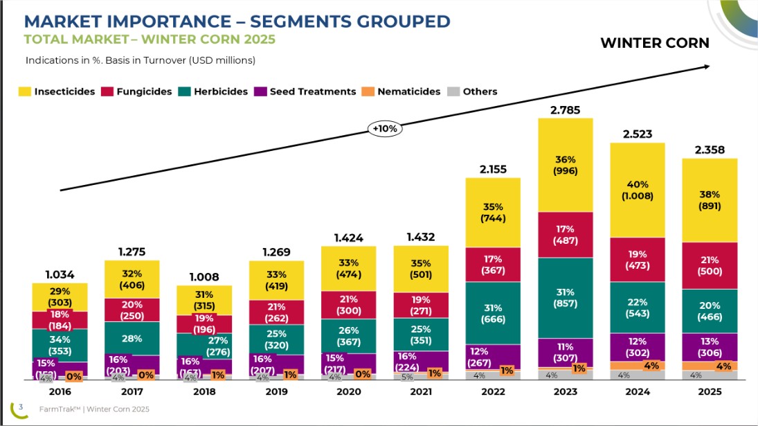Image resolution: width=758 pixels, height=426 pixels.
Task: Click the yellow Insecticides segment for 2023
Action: (x=566, y=165)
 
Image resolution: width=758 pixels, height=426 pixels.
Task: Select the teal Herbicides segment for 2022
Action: (x=493, y=313)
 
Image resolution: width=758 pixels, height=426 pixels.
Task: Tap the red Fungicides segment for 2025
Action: (x=710, y=265)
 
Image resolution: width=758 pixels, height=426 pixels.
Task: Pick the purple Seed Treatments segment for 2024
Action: (x=637, y=346)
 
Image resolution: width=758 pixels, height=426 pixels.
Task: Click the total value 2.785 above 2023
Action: (x=565, y=109)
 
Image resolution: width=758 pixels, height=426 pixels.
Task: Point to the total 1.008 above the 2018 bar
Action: (x=204, y=277)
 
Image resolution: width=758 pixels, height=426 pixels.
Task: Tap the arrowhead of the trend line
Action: (x=707, y=66)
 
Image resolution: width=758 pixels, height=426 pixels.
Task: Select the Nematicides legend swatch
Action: (x=369, y=91)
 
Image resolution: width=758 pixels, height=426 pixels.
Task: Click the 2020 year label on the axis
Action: (x=348, y=391)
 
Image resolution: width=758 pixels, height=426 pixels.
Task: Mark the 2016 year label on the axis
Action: (x=60, y=391)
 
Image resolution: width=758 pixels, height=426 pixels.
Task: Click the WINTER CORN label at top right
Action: (x=654, y=43)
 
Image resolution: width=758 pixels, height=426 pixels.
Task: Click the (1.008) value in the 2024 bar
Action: (x=638, y=196)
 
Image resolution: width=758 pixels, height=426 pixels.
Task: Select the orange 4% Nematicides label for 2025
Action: (x=723, y=366)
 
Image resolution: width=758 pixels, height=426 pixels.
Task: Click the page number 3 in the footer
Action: (x=21, y=407)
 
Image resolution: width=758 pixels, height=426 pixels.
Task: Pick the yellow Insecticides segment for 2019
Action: (x=276, y=281)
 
